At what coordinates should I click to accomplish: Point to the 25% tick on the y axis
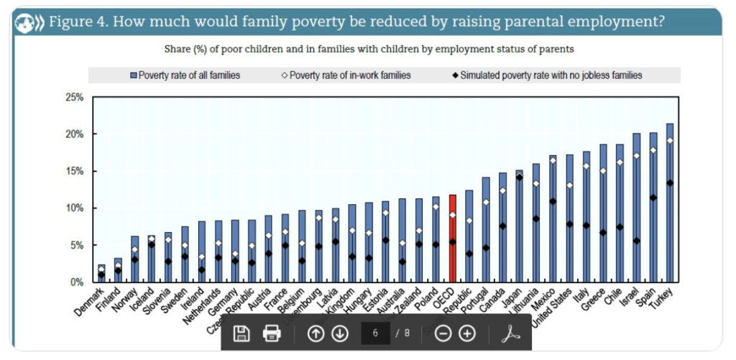coord(74,97)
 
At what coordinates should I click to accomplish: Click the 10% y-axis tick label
coord(74,208)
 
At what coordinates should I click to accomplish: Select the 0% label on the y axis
coord(77,282)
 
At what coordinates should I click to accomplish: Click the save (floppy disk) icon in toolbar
coord(242,333)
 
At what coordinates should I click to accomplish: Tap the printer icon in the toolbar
coord(272,333)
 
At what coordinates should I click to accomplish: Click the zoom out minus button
coord(443,333)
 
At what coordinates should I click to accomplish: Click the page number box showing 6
coord(376,333)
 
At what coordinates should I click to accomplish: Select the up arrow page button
coord(316,333)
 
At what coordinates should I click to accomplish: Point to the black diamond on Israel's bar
coord(635,241)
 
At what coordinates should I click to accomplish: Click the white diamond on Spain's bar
coord(653,150)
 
